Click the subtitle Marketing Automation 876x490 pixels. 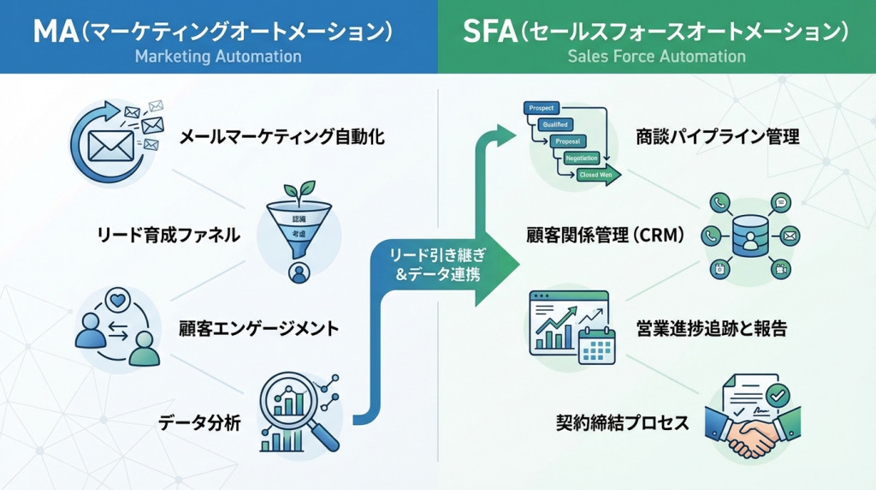point(218,57)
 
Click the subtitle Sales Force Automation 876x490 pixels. point(656,57)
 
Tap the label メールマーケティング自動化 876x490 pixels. point(281,136)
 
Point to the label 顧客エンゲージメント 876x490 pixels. point(258,328)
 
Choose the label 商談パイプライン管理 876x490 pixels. point(717,136)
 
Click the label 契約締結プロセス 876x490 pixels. point(622,421)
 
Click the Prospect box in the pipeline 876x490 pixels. point(541,108)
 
